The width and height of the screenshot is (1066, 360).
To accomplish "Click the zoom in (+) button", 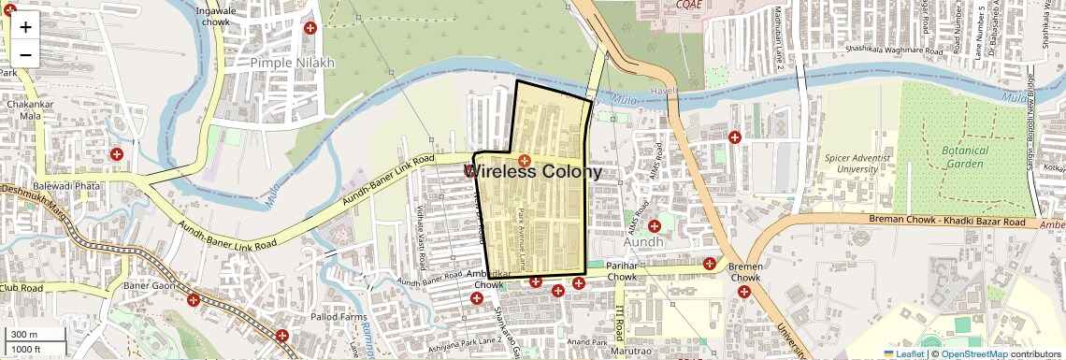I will tap(25, 26).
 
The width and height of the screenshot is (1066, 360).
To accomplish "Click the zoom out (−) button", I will tap(25, 54).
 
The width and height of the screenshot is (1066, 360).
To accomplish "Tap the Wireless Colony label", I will tap(533, 172).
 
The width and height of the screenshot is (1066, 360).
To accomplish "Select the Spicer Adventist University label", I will tap(864, 164).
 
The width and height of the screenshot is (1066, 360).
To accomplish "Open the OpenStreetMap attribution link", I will tap(973, 353).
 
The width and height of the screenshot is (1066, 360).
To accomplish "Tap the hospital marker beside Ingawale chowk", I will tap(310, 29).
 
